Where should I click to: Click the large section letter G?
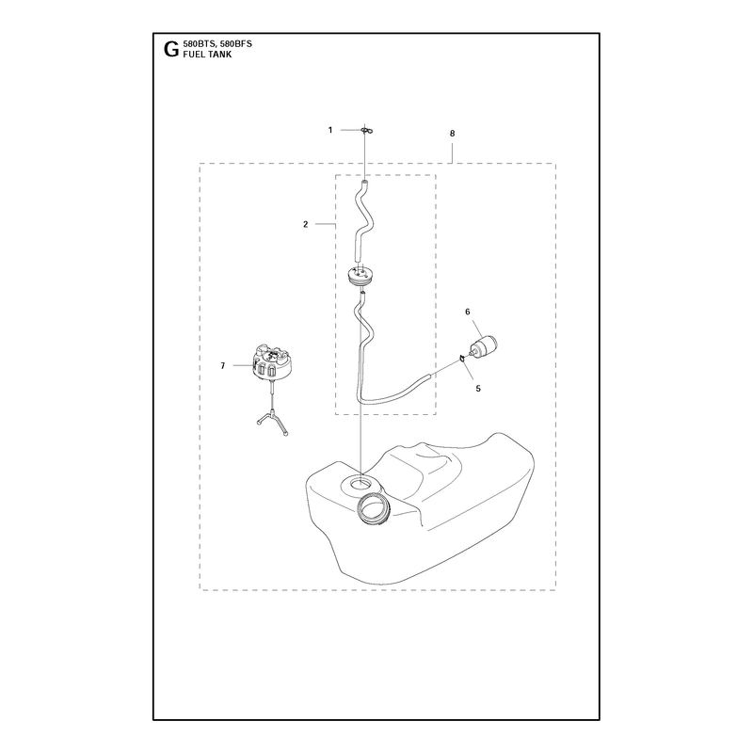click(x=171, y=49)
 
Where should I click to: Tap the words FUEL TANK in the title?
click(x=207, y=55)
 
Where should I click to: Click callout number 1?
click(x=330, y=130)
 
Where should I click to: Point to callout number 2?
click(x=305, y=224)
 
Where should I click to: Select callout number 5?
click(x=478, y=389)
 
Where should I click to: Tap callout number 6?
click(x=467, y=312)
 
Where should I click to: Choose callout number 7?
click(x=222, y=366)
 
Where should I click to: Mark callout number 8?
click(x=452, y=134)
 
